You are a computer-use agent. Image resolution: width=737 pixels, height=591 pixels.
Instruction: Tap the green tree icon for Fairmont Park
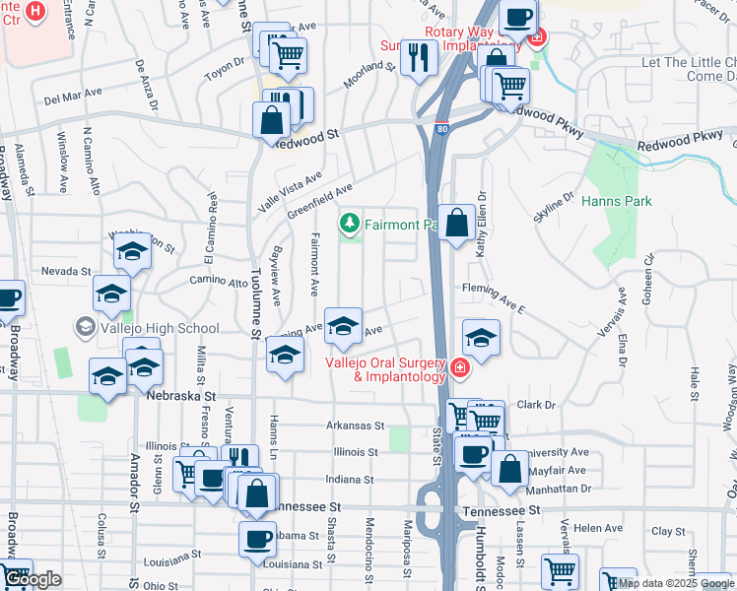tap(349, 224)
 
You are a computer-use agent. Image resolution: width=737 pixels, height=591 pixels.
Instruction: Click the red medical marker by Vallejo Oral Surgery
tap(458, 368)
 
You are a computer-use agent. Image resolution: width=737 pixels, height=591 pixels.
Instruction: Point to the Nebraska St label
tap(179, 395)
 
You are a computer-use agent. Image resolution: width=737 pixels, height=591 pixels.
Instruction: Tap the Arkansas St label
tap(355, 426)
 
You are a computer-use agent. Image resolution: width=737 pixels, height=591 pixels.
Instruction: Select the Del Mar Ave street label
tap(74, 96)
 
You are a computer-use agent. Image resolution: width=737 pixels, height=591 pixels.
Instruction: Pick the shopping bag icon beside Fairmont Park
tap(457, 224)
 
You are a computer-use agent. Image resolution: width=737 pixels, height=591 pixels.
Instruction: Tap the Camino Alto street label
tap(226, 283)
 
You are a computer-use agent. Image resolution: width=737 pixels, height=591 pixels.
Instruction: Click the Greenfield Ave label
tap(319, 200)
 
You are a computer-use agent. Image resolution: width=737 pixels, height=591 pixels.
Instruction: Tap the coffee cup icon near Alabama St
tap(258, 539)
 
